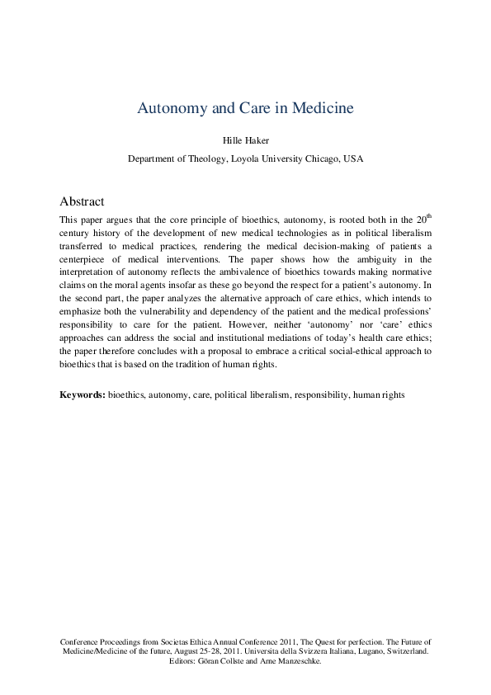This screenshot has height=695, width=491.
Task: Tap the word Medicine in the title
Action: [x=321, y=108]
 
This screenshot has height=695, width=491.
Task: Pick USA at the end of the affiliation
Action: [x=352, y=158]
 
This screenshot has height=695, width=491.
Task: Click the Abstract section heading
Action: [x=82, y=201]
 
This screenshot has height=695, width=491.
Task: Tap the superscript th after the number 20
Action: [x=427, y=216]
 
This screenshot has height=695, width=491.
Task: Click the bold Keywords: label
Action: [x=82, y=395]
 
